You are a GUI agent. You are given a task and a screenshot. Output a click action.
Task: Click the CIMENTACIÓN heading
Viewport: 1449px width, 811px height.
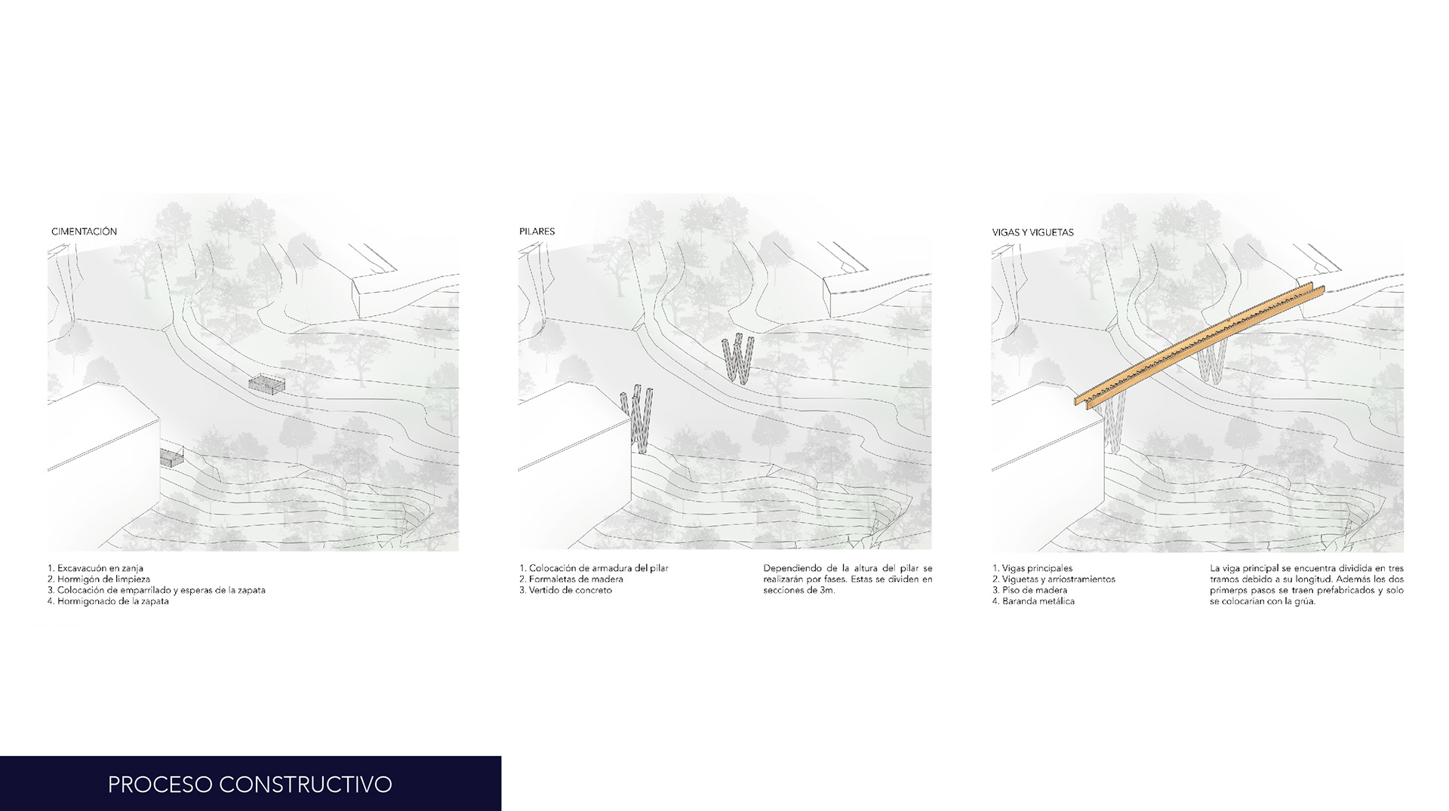[84, 232]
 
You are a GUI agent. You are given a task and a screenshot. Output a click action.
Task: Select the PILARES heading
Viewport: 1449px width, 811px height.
[537, 232]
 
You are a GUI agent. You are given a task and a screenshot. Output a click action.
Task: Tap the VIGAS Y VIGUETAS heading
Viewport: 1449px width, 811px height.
[1032, 232]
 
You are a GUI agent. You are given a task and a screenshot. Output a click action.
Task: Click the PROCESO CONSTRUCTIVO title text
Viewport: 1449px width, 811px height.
[250, 784]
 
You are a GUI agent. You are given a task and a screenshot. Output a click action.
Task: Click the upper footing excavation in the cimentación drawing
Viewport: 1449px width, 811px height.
[267, 384]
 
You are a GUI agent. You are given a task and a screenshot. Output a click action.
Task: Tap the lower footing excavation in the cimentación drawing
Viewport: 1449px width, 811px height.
[171, 456]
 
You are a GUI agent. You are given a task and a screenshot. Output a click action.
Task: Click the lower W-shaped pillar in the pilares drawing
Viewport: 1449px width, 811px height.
[637, 419]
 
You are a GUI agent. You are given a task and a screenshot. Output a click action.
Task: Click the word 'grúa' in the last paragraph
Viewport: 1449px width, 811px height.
[1300, 602]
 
